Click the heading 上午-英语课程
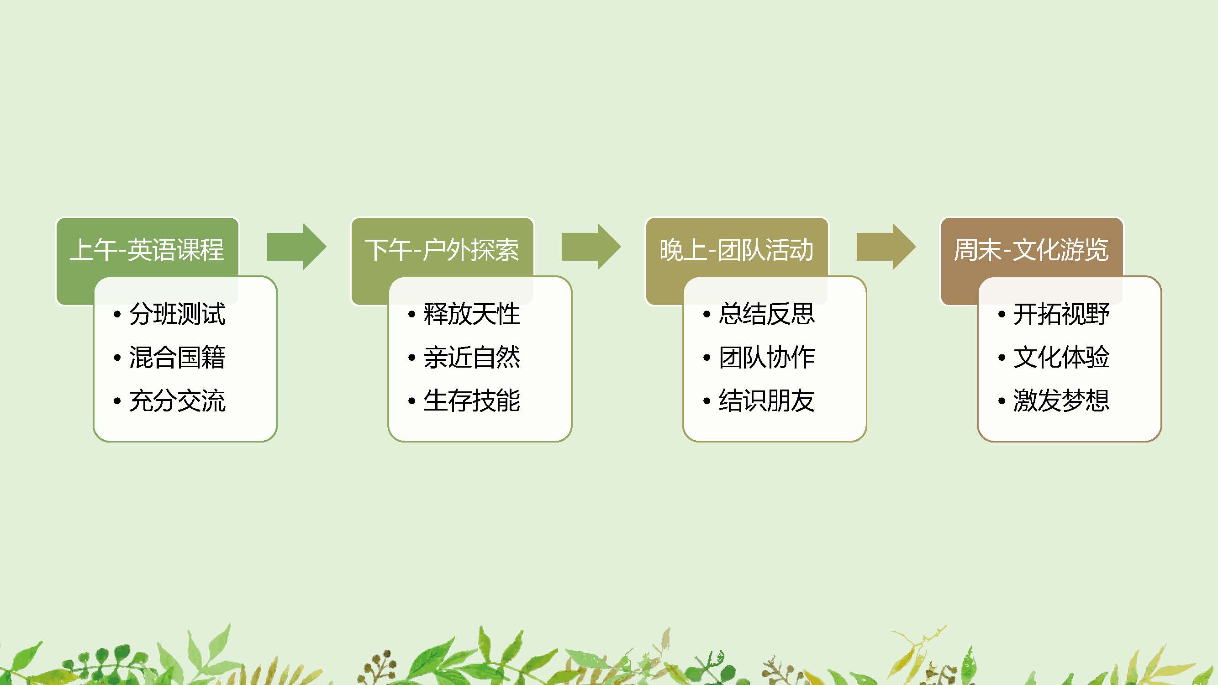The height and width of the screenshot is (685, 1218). [147, 250]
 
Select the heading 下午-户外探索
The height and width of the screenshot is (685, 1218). [442, 250]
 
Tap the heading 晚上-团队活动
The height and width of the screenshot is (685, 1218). [737, 250]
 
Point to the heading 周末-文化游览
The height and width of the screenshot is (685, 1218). [1031, 250]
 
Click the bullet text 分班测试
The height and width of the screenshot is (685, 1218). [178, 314]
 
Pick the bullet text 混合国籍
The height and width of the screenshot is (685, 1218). [178, 358]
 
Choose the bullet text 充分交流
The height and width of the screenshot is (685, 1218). [178, 401]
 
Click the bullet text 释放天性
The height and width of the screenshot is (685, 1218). [472, 314]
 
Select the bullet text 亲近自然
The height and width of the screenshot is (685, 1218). [472, 358]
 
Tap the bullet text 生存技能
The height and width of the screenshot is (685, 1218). [472, 401]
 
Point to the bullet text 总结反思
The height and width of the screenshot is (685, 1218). [767, 314]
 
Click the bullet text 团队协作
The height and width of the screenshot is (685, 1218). [767, 358]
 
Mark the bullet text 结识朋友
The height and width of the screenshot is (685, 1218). [767, 401]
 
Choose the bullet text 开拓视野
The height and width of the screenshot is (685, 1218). [1061, 314]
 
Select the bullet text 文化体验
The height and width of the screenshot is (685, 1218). [1061, 358]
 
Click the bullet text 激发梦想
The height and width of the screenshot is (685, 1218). [1061, 401]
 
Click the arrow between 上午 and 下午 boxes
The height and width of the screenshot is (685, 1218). [297, 247]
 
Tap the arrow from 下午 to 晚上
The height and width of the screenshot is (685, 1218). [591, 247]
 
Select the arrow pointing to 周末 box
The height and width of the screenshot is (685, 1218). [886, 247]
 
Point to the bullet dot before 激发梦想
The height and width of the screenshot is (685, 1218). [1002, 401]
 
